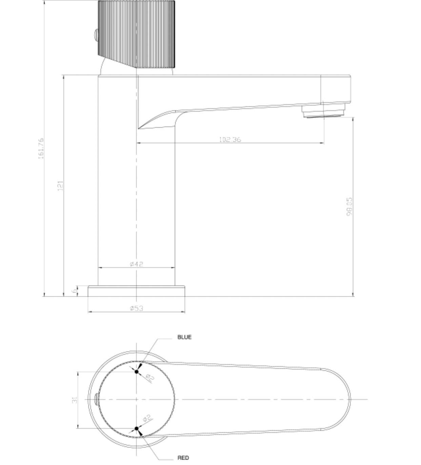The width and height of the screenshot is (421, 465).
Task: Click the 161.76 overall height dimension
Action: [41, 148]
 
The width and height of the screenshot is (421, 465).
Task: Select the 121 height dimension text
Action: [60, 185]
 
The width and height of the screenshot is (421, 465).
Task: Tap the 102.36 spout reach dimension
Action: [230, 139]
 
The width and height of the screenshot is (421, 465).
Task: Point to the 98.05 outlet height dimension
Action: [349, 206]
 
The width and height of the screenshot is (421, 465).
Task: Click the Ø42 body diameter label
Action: [136, 264]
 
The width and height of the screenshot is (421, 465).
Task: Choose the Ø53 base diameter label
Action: [136, 308]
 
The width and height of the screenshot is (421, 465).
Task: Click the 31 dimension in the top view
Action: [75, 399]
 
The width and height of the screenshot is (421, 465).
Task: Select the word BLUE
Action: [184, 337]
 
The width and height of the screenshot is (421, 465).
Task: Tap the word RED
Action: [183, 458]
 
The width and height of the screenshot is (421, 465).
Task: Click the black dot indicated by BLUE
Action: [137, 372]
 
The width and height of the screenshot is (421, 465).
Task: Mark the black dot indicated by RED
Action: [137, 428]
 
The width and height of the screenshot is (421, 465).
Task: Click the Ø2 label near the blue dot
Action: [150, 377]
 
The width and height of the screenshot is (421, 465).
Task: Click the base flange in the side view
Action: [136, 291]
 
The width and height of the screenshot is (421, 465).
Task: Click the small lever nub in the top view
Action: [96, 399]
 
